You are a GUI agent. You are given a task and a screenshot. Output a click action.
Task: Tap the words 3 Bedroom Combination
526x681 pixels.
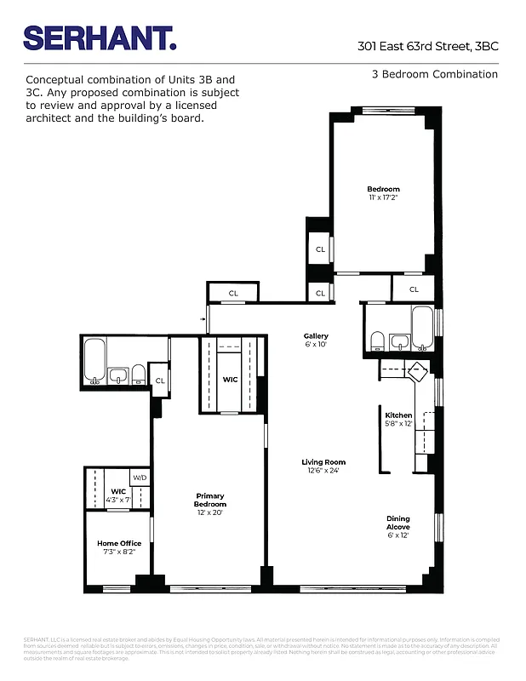[434, 74]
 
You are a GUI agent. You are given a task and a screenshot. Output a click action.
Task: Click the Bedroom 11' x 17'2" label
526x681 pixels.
[383, 193]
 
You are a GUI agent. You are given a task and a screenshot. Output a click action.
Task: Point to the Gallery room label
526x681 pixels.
[316, 340]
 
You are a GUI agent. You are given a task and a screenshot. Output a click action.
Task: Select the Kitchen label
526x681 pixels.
[398, 419]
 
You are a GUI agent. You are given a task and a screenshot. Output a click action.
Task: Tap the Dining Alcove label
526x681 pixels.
[398, 523]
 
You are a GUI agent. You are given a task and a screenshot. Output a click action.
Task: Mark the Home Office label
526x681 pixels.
[118, 547]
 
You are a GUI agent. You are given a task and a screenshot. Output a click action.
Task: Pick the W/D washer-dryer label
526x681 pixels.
[140, 478]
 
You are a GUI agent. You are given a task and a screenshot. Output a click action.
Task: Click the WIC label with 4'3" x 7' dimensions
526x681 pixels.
[118, 495]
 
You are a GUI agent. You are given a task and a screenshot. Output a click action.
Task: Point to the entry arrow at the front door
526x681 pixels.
[203, 319]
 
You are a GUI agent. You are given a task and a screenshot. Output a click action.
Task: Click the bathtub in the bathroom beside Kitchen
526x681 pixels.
[422, 329]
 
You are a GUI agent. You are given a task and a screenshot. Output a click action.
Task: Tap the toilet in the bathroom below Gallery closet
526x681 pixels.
[377, 341]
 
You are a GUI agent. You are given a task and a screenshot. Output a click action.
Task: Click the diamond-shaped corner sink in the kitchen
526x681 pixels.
[418, 373]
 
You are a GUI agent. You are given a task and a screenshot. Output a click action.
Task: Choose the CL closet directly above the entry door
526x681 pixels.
[233, 294]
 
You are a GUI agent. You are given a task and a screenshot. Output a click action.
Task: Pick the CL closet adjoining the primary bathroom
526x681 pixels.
[159, 381]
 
